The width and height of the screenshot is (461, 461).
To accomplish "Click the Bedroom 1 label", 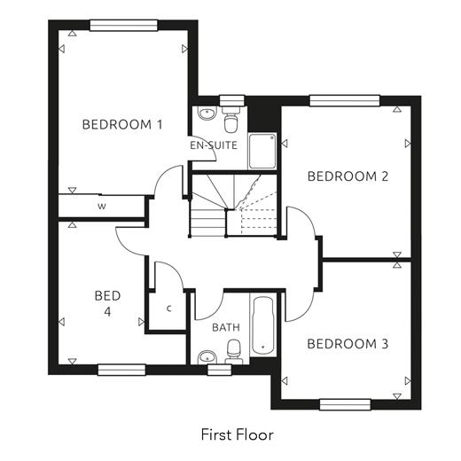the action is [x=122, y=124].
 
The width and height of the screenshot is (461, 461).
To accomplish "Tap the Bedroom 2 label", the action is [x=348, y=176].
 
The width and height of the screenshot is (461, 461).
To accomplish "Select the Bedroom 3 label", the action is [x=348, y=344].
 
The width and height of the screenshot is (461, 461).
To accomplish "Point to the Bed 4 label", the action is [x=107, y=303].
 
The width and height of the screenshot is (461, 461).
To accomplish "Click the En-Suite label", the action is [x=214, y=145].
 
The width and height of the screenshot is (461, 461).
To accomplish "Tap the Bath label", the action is [x=226, y=327].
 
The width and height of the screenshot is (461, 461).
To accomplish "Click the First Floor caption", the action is [x=238, y=434].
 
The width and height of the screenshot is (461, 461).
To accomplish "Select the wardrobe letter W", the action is [x=102, y=207].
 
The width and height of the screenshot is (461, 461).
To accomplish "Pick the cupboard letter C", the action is [x=169, y=309].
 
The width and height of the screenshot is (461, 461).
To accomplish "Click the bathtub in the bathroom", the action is [x=263, y=325].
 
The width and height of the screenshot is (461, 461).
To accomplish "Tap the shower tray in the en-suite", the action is [x=262, y=152].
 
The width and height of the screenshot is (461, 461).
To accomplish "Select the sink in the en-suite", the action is [x=207, y=113].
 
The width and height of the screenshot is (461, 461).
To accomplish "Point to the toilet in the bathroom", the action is [x=234, y=352].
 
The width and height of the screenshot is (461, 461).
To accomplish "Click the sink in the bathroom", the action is [x=207, y=357].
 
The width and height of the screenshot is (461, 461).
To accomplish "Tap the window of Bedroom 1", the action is [x=123, y=26].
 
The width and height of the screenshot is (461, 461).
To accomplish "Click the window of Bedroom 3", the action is [x=345, y=404].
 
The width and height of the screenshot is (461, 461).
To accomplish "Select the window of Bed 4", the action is [x=121, y=370].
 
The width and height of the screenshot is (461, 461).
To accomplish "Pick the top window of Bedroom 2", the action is [x=344, y=101].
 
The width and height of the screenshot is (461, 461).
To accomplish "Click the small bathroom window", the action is [x=219, y=370].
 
